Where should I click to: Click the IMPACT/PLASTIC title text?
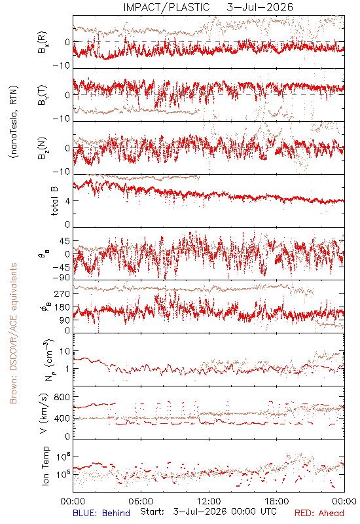coord(166,7)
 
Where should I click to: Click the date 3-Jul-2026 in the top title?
coord(260,7)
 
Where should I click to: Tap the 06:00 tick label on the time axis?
coord(141,501)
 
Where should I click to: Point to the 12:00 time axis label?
coord(209,501)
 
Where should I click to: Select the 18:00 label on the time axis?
coord(277,501)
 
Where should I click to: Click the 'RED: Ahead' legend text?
coord(319,513)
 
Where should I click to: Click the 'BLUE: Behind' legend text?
coord(101,513)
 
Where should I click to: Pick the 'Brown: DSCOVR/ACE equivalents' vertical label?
coord(13,333)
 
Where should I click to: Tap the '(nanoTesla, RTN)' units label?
coord(14,122)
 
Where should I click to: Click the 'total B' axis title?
coord(54,200)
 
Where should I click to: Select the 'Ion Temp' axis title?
coord(45,466)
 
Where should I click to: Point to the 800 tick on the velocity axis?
coord(62,397)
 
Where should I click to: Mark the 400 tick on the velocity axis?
coord(62,419)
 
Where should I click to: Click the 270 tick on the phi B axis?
coord(62,293)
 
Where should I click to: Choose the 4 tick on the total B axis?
coord(67,201)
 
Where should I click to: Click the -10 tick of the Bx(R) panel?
coord(61,65)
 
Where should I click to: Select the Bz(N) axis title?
coord(43,148)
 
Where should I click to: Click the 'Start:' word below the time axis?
coord(153,512)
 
